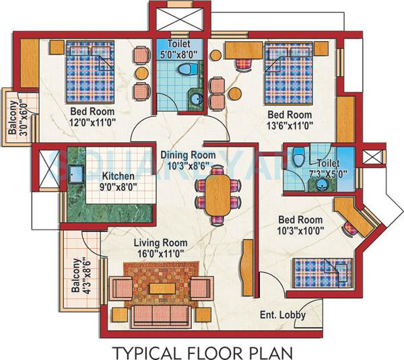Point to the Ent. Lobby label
click(x=282, y=315)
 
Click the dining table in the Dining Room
click(x=217, y=194)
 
